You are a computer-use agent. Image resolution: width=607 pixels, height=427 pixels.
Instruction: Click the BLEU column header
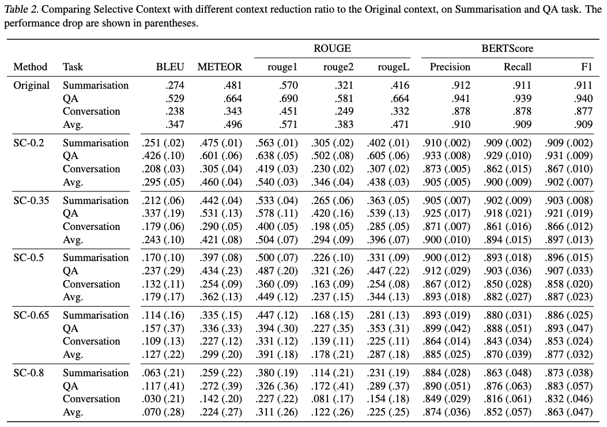click(170, 67)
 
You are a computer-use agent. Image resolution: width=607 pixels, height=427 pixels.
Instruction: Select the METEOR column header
click(220, 67)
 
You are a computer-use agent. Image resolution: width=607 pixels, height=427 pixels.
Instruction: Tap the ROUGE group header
click(332, 48)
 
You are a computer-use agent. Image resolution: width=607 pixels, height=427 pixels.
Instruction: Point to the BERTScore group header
click(507, 48)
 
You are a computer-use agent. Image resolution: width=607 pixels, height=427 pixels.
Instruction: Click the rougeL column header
click(393, 67)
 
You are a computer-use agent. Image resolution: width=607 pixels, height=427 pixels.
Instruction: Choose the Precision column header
click(450, 67)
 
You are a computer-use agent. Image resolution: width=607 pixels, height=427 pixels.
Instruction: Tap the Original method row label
click(32, 85)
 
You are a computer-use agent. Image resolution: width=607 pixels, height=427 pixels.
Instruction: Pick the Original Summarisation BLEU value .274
click(175, 85)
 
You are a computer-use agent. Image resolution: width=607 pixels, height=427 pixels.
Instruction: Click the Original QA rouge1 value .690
click(288, 98)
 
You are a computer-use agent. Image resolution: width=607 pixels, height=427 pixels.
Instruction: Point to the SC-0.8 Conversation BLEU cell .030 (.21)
click(163, 399)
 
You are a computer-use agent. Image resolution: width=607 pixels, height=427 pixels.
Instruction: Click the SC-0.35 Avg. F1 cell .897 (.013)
click(568, 239)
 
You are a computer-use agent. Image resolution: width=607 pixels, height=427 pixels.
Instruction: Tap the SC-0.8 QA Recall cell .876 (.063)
click(507, 386)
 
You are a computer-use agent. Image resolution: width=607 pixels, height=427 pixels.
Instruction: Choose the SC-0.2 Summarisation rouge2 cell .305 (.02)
click(332, 143)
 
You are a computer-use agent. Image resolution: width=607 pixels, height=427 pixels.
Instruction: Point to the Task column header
click(73, 67)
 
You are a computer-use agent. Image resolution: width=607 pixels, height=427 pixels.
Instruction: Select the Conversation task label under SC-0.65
click(91, 341)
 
